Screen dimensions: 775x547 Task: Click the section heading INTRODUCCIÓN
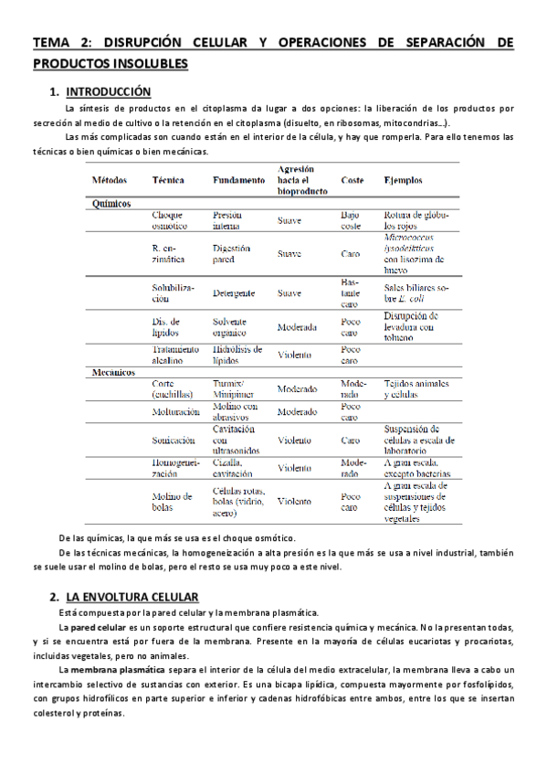(x=109, y=91)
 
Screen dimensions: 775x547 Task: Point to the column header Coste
(x=352, y=181)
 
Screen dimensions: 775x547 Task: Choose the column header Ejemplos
(x=404, y=181)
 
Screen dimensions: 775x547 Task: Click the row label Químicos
(x=112, y=204)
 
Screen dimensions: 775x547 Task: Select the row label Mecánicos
(x=115, y=373)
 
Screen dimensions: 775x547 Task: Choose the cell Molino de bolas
(x=172, y=501)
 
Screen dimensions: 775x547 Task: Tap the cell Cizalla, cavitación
(x=235, y=468)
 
